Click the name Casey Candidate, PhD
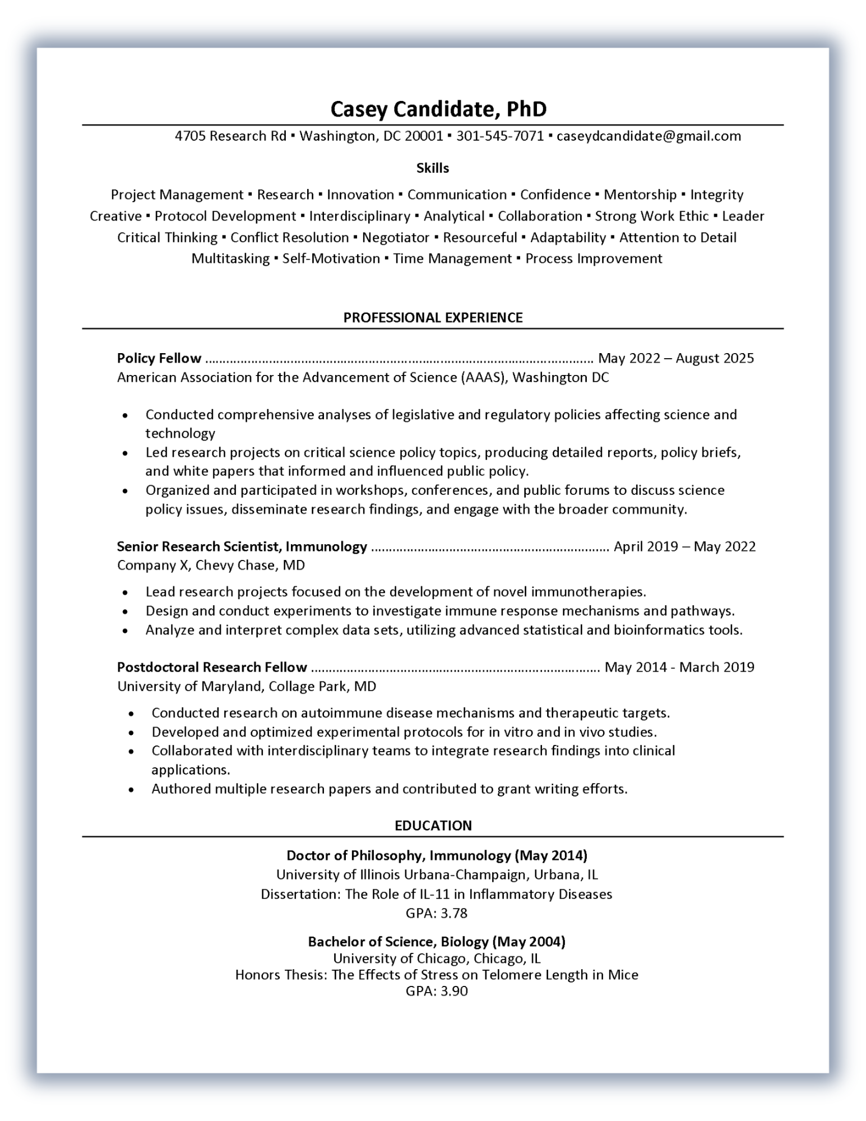click(438, 109)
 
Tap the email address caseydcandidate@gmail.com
click(649, 136)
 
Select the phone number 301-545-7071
click(500, 136)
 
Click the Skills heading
click(433, 168)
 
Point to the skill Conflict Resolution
click(289, 238)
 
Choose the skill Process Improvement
click(594, 259)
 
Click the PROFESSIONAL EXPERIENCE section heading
click(433, 318)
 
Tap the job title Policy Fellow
click(159, 358)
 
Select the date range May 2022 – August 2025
click(676, 358)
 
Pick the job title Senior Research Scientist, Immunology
click(242, 546)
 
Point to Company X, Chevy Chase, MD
click(211, 565)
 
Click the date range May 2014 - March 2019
click(679, 667)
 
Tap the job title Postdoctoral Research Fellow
click(212, 667)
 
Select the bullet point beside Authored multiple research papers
click(131, 790)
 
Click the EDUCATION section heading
click(433, 826)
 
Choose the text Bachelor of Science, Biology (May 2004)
click(437, 942)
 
